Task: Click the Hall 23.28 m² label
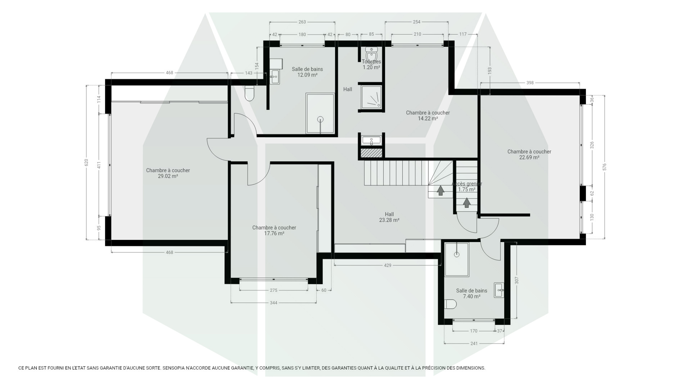tap(389, 217)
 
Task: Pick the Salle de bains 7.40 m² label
tap(472, 293)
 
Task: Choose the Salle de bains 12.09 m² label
tap(307, 72)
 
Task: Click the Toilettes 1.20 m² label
tap(371, 65)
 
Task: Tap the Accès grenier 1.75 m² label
tap(467, 186)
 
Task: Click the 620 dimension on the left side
tap(86, 162)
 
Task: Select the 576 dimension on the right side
tap(605, 167)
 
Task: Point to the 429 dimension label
tap(388, 265)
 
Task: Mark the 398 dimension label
tap(530, 83)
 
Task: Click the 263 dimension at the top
tap(302, 22)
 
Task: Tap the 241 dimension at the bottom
tap(474, 344)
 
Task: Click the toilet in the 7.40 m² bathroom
tap(450, 304)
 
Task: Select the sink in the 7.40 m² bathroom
tap(499, 290)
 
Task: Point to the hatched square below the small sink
tap(371, 153)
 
